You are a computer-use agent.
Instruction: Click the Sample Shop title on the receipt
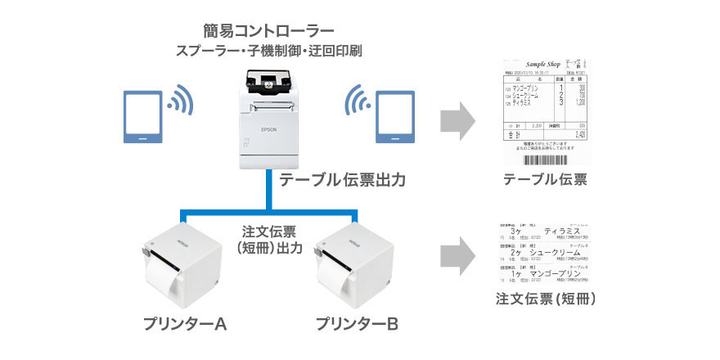pyautogui.click(x=547, y=62)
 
